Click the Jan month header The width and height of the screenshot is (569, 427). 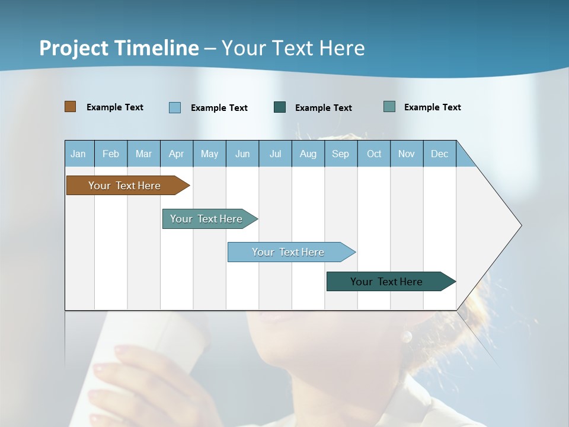tap(79, 154)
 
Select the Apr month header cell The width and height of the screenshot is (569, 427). tap(177, 154)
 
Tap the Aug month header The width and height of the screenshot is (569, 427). tap(308, 154)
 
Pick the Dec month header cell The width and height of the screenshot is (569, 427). tap(440, 154)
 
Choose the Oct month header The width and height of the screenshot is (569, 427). tap(374, 154)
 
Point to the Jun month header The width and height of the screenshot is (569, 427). tap(242, 154)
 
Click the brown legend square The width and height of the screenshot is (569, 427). tap(71, 107)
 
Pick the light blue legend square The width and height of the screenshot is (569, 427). tap(175, 107)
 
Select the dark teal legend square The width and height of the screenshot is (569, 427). tap(280, 107)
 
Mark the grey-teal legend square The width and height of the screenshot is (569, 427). tap(389, 107)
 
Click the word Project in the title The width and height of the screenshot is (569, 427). tap(74, 48)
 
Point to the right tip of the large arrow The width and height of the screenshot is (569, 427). tap(520, 225)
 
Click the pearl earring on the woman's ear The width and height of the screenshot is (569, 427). tap(407, 337)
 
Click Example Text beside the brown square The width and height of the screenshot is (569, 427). tap(115, 107)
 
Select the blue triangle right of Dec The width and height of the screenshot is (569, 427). tap(464, 158)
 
